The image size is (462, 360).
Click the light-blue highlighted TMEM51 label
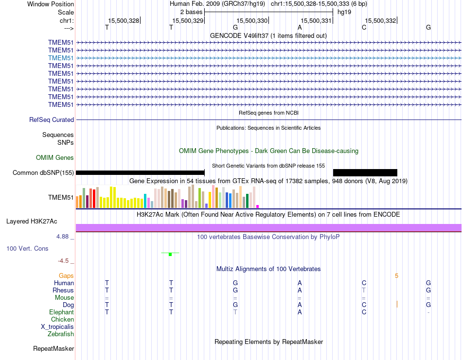point(61,58)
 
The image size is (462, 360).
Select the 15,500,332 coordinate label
point(380,20)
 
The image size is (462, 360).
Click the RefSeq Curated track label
point(52,120)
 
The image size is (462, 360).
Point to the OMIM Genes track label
point(55,157)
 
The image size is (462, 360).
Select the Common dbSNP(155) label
point(43,172)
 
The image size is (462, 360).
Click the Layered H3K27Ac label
point(32,221)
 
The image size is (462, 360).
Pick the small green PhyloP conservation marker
point(170,254)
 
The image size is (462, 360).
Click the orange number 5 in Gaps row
point(396,276)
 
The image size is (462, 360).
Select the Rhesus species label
point(63,290)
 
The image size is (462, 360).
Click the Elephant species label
point(61,312)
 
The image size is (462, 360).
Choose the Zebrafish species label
point(61,334)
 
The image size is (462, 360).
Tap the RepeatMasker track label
point(53,348)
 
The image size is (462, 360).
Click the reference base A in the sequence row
point(300,27)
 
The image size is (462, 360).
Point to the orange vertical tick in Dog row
point(397,305)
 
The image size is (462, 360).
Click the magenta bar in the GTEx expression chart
point(258,206)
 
